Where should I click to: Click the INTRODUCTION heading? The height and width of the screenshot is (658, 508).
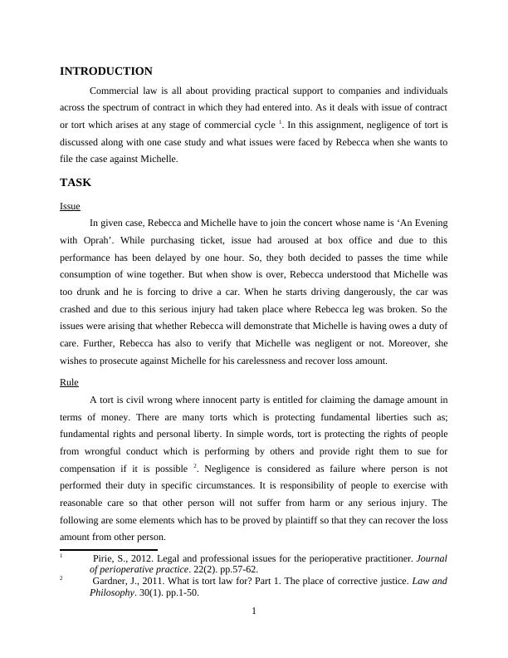(x=106, y=71)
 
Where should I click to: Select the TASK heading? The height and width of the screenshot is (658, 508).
(x=76, y=182)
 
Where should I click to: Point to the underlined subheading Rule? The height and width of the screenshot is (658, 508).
(x=69, y=382)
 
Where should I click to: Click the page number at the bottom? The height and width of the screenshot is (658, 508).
(x=254, y=613)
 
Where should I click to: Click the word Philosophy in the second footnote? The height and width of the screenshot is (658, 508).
(x=112, y=593)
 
